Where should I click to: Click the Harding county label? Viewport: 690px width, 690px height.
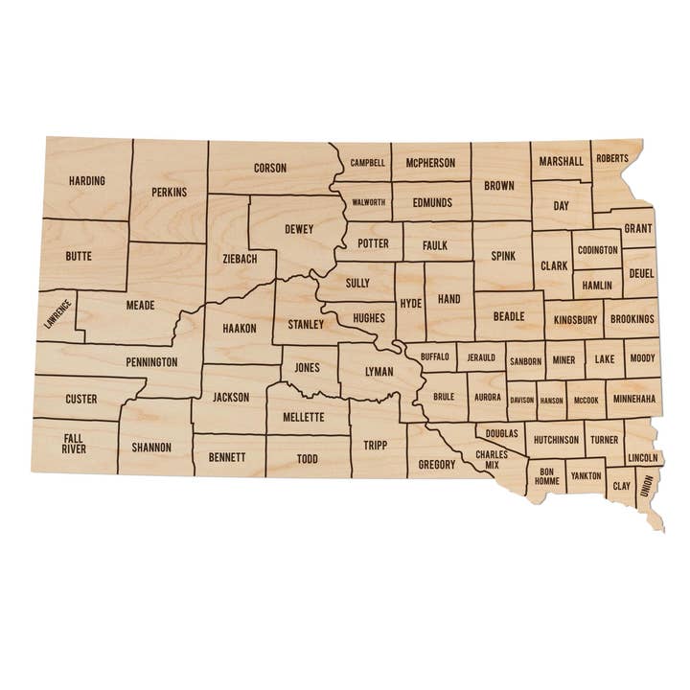pos(86,180)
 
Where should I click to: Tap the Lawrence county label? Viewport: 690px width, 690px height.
pos(57,314)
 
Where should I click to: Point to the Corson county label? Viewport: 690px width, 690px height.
pos(270,168)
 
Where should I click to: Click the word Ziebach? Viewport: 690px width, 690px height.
pos(240,258)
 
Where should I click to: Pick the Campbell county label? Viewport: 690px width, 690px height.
pos(367,163)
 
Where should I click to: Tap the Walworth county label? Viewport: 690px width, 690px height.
pos(369,202)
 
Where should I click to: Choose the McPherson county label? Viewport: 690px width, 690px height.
pos(430,163)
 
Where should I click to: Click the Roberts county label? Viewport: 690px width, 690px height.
pos(612,158)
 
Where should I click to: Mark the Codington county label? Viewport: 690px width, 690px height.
pos(597,250)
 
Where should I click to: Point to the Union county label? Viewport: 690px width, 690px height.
pos(648,486)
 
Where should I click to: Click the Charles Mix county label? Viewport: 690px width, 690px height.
pos(492,459)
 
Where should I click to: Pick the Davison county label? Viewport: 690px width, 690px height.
pos(521,400)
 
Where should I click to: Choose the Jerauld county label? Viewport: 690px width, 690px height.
pos(481,357)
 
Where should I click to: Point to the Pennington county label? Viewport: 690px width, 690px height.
pos(150,362)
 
